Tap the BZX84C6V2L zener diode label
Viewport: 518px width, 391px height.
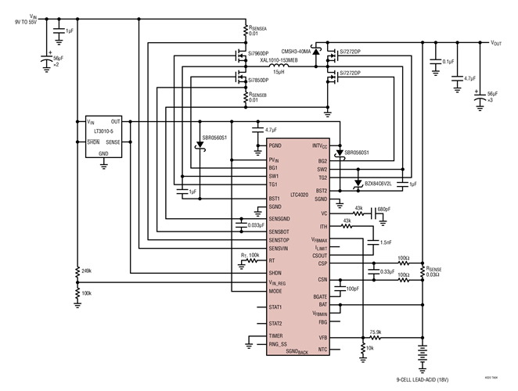click(x=381, y=184)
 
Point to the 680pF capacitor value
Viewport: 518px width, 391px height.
click(x=383, y=210)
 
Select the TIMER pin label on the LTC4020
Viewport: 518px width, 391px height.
click(x=277, y=335)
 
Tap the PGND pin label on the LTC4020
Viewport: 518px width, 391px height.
click(x=275, y=146)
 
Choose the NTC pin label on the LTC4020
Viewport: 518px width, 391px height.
click(x=323, y=349)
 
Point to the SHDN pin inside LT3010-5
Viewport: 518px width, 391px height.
click(x=95, y=131)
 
